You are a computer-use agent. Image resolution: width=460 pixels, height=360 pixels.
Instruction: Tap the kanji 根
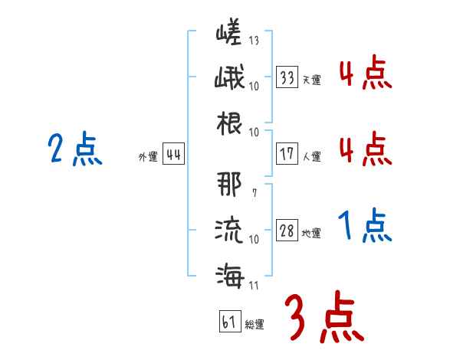pos(228,122)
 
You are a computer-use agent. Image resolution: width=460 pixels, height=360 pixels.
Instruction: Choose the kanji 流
pos(228,229)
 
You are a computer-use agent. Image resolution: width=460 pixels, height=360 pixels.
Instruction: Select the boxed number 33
pos(287,77)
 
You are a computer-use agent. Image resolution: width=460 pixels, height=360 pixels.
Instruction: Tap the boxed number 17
pos(287,153)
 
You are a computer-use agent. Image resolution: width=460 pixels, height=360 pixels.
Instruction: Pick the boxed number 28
pos(287,231)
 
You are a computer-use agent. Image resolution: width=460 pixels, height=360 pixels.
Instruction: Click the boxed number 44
pos(173,155)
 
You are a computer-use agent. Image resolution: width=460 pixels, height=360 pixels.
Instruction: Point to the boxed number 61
pos(229,322)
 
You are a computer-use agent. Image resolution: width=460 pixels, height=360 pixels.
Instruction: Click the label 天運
pos(312,80)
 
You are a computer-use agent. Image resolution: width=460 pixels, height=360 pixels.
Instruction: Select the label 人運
pos(312,156)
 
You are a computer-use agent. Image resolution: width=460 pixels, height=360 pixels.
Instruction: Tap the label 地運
pos(312,234)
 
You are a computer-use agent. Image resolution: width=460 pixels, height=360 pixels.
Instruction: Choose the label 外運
pos(148,157)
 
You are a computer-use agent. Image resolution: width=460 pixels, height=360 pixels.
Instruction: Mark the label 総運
pos(254,325)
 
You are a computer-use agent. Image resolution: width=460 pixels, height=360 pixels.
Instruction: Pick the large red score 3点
pos(324,317)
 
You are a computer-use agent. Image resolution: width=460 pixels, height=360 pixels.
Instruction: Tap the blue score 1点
pos(365,226)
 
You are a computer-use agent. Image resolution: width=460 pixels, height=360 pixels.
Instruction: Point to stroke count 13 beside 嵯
pos(254,41)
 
